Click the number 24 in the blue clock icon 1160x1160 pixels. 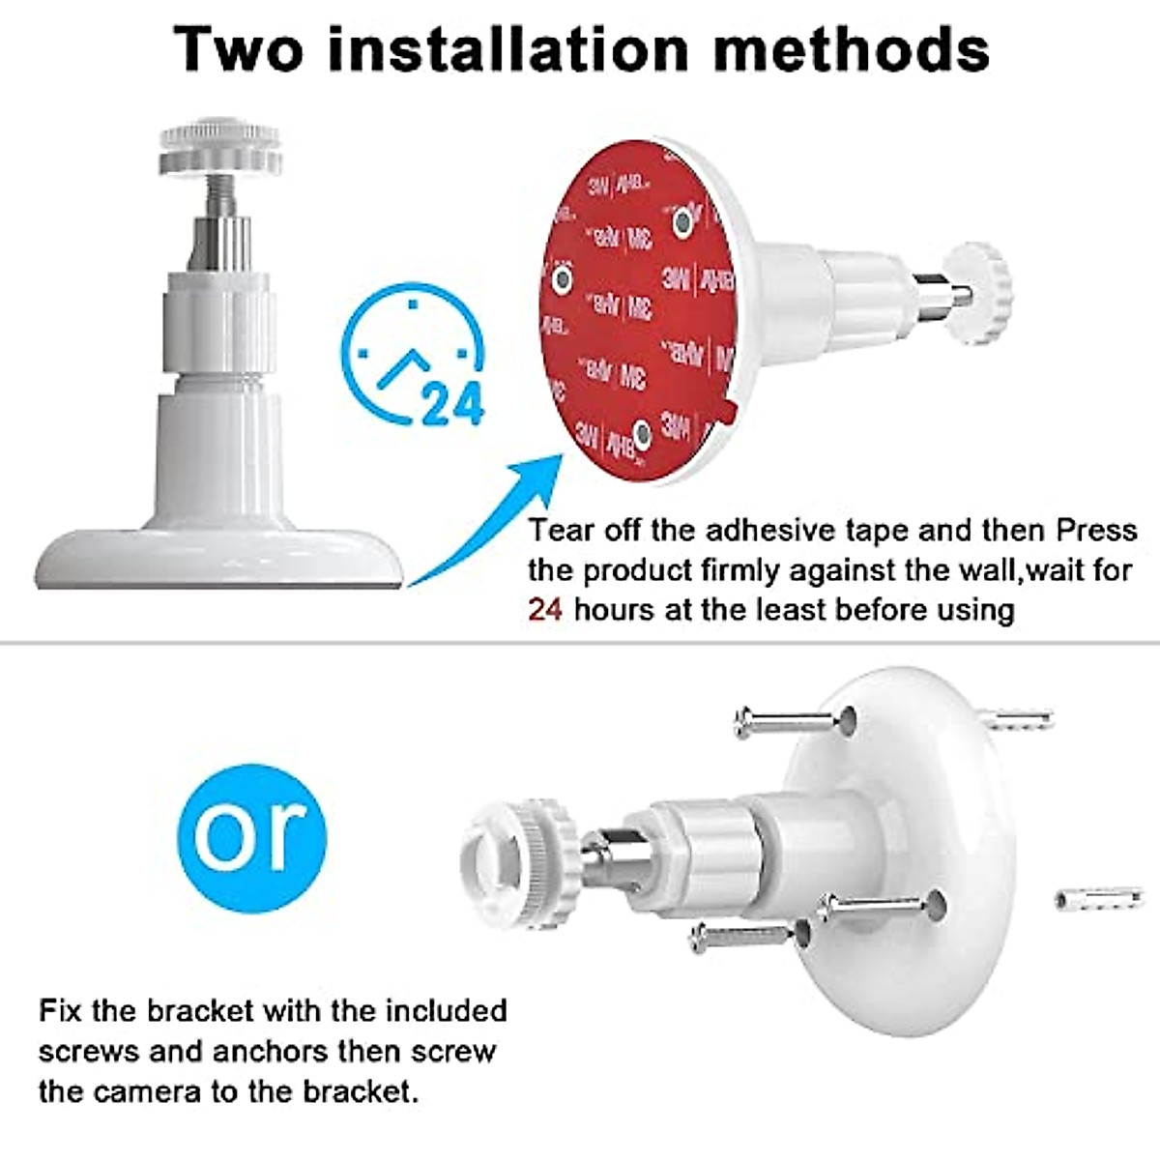pyautogui.click(x=451, y=404)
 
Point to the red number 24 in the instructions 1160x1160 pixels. pyautogui.click(x=545, y=610)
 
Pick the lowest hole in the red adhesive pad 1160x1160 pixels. pyautogui.click(x=641, y=430)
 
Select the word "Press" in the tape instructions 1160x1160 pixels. pyautogui.click(x=1096, y=531)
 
